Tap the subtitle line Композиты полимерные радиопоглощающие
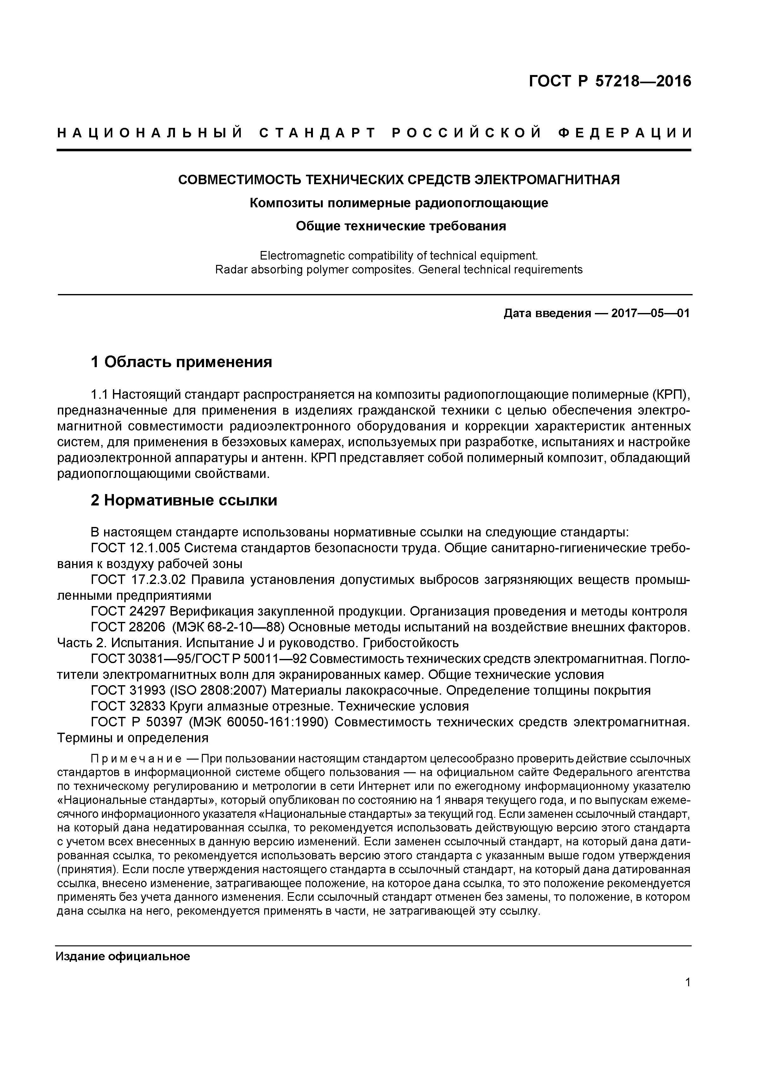(x=399, y=203)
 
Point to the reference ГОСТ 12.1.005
(x=135, y=548)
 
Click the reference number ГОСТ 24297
(x=128, y=611)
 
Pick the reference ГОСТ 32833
(x=128, y=706)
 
